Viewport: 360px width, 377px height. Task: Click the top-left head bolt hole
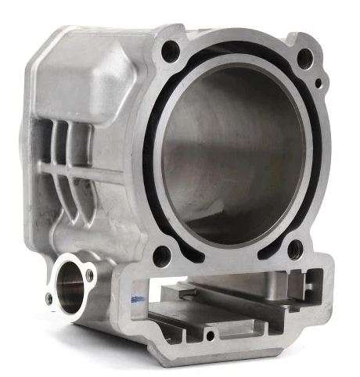170,52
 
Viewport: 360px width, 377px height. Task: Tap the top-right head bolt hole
306,57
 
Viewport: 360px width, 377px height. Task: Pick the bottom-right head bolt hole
294,250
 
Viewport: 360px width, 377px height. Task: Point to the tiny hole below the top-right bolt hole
318,84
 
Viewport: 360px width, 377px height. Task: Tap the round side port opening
69,288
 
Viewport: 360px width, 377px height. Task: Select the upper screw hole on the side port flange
89,275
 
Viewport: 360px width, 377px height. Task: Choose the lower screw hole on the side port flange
49,299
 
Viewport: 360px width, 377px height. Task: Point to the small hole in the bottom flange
209,336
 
